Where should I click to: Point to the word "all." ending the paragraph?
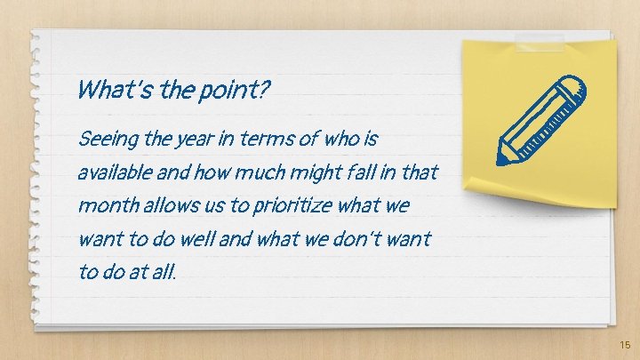tap(165, 271)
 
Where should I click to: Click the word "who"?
tap(336, 140)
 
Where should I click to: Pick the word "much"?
tap(257, 172)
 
